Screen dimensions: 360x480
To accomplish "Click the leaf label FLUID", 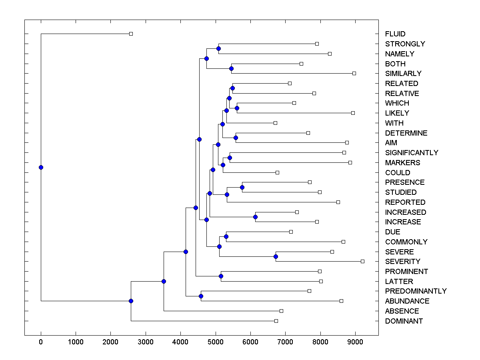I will [395, 34].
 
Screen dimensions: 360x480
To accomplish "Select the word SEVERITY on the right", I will [402, 262].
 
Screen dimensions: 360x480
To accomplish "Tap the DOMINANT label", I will [404, 321].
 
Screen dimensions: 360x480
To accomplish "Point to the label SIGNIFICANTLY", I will [412, 153].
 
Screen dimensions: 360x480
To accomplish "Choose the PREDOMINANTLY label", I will [416, 291].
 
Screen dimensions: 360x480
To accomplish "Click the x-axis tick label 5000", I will [216, 342].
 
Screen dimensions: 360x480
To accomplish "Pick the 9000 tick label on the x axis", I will [355, 342].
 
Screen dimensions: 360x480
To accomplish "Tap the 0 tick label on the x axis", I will [41, 342].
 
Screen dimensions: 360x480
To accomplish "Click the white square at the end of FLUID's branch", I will [131, 34].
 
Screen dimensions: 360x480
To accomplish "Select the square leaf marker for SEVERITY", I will [362, 261].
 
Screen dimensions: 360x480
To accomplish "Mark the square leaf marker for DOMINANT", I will [276, 321].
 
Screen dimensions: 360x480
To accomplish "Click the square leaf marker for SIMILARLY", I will [354, 73].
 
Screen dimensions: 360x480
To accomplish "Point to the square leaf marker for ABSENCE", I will [281, 311].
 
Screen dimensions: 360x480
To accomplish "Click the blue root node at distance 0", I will [41, 167].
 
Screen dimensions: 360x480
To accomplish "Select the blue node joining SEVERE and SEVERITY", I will [276, 256].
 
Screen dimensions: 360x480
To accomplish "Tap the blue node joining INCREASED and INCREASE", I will [256, 217].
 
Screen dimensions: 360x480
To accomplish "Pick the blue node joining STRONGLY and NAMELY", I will [218, 48].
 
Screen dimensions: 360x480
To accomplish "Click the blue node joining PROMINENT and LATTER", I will [221, 276].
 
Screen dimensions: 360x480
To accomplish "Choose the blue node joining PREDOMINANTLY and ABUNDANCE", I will [201, 296].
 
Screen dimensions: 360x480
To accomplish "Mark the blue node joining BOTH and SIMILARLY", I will [231, 68].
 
